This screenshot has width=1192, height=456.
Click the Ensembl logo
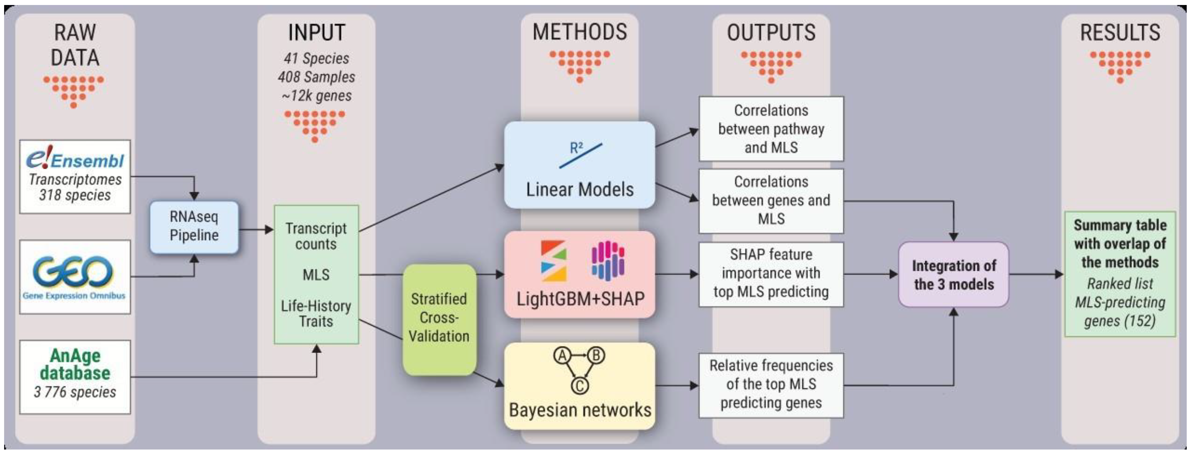point(75,159)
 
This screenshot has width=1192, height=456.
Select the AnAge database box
point(75,376)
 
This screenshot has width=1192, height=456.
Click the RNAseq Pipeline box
point(194,227)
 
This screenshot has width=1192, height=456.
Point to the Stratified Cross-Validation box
point(439,318)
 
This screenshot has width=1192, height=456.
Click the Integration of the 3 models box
point(953,275)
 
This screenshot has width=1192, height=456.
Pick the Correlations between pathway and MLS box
point(771,129)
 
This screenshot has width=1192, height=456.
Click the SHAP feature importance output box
point(771,274)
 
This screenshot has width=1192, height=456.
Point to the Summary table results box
point(1119,274)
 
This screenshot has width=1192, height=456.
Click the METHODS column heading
point(579,32)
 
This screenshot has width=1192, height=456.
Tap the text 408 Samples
point(316,77)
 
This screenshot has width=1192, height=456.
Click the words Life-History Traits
point(316,313)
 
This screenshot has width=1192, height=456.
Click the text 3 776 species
point(75,392)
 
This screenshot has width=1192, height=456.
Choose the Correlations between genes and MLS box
point(771,201)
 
